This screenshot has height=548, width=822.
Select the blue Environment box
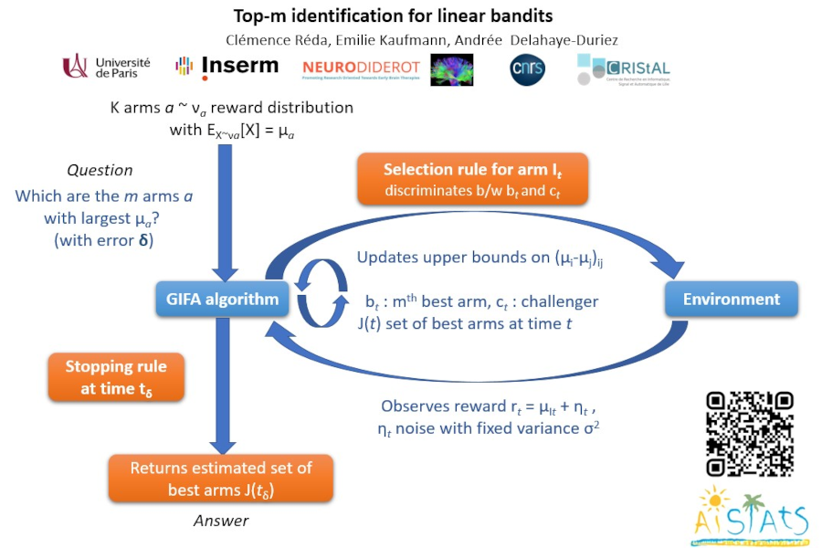(x=732, y=299)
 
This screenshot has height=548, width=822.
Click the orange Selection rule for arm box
(x=471, y=179)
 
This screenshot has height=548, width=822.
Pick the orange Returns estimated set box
(x=221, y=479)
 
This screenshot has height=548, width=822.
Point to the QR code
(x=749, y=434)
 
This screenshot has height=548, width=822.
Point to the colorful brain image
(x=452, y=69)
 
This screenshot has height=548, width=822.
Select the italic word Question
(x=100, y=170)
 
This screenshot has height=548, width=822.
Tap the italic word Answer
(x=221, y=521)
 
